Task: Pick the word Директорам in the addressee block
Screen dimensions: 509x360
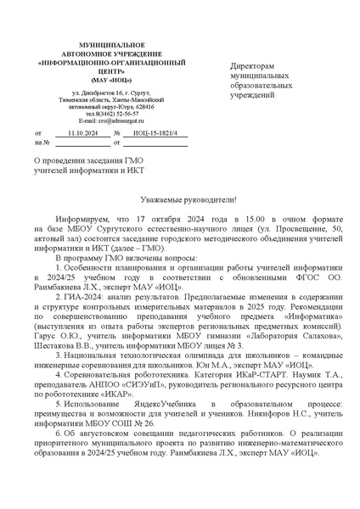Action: (252, 66)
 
